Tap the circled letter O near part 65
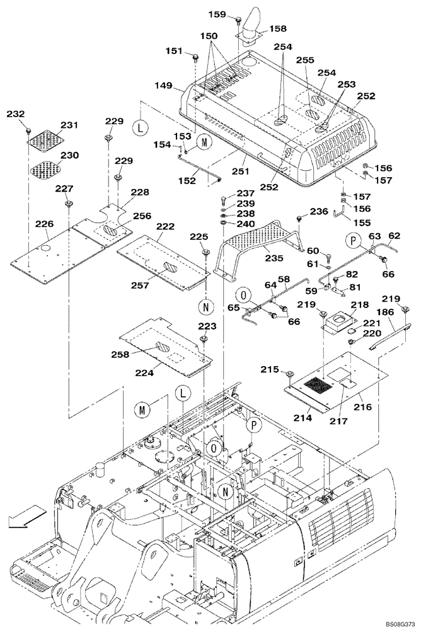(x=243, y=294)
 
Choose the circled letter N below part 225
(x=205, y=307)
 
